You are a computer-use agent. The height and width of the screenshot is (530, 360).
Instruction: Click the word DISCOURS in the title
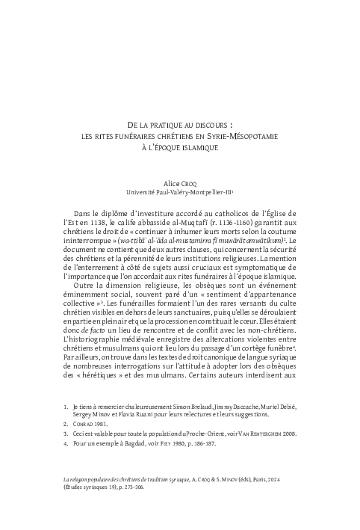[x=213, y=125]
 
